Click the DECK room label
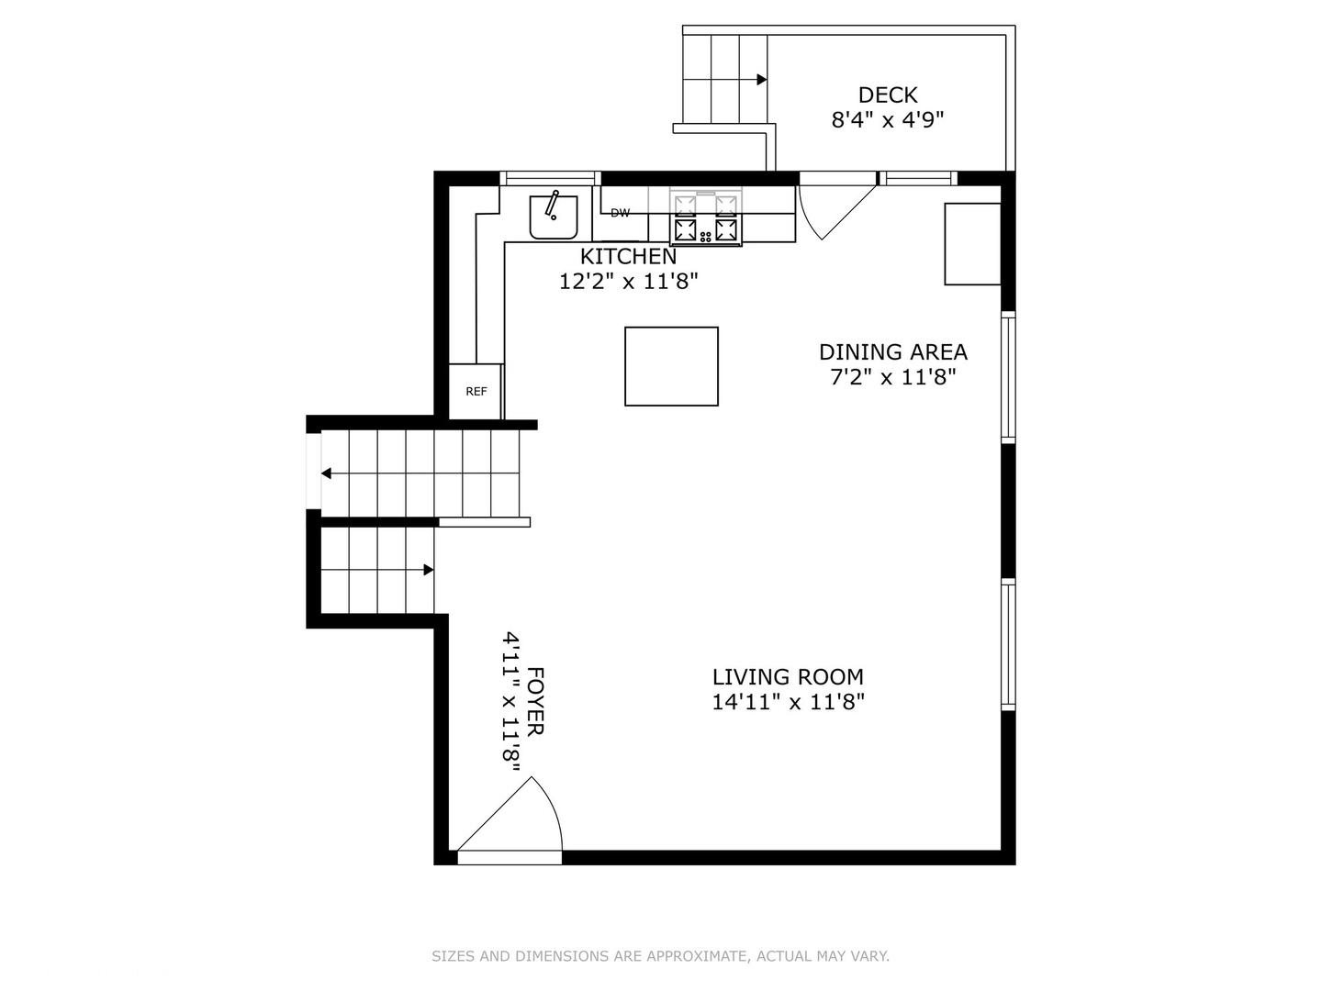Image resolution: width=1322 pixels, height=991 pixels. (887, 95)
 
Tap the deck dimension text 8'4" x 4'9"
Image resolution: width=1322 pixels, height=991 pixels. (887, 120)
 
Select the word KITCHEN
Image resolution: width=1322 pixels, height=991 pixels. (628, 256)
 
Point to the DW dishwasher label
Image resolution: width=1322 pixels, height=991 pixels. (621, 212)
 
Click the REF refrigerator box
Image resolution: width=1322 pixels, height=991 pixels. (476, 391)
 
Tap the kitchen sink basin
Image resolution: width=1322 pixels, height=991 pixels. (554, 217)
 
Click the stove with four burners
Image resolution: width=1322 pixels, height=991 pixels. (706, 217)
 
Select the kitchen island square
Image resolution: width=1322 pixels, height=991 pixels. (671, 366)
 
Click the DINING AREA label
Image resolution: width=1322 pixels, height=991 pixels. (892, 352)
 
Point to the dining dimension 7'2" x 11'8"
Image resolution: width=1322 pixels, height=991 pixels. (892, 377)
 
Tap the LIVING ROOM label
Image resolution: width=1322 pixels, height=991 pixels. (788, 677)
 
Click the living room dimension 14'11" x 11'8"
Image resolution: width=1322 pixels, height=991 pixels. (788, 702)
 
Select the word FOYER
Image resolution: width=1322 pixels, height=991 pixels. (535, 701)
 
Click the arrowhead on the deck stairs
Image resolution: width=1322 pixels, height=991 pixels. (762, 80)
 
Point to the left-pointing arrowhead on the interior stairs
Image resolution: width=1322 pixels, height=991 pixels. (326, 473)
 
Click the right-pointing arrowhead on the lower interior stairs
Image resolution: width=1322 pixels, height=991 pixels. (429, 570)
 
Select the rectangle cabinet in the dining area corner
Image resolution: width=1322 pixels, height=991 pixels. (972, 244)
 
